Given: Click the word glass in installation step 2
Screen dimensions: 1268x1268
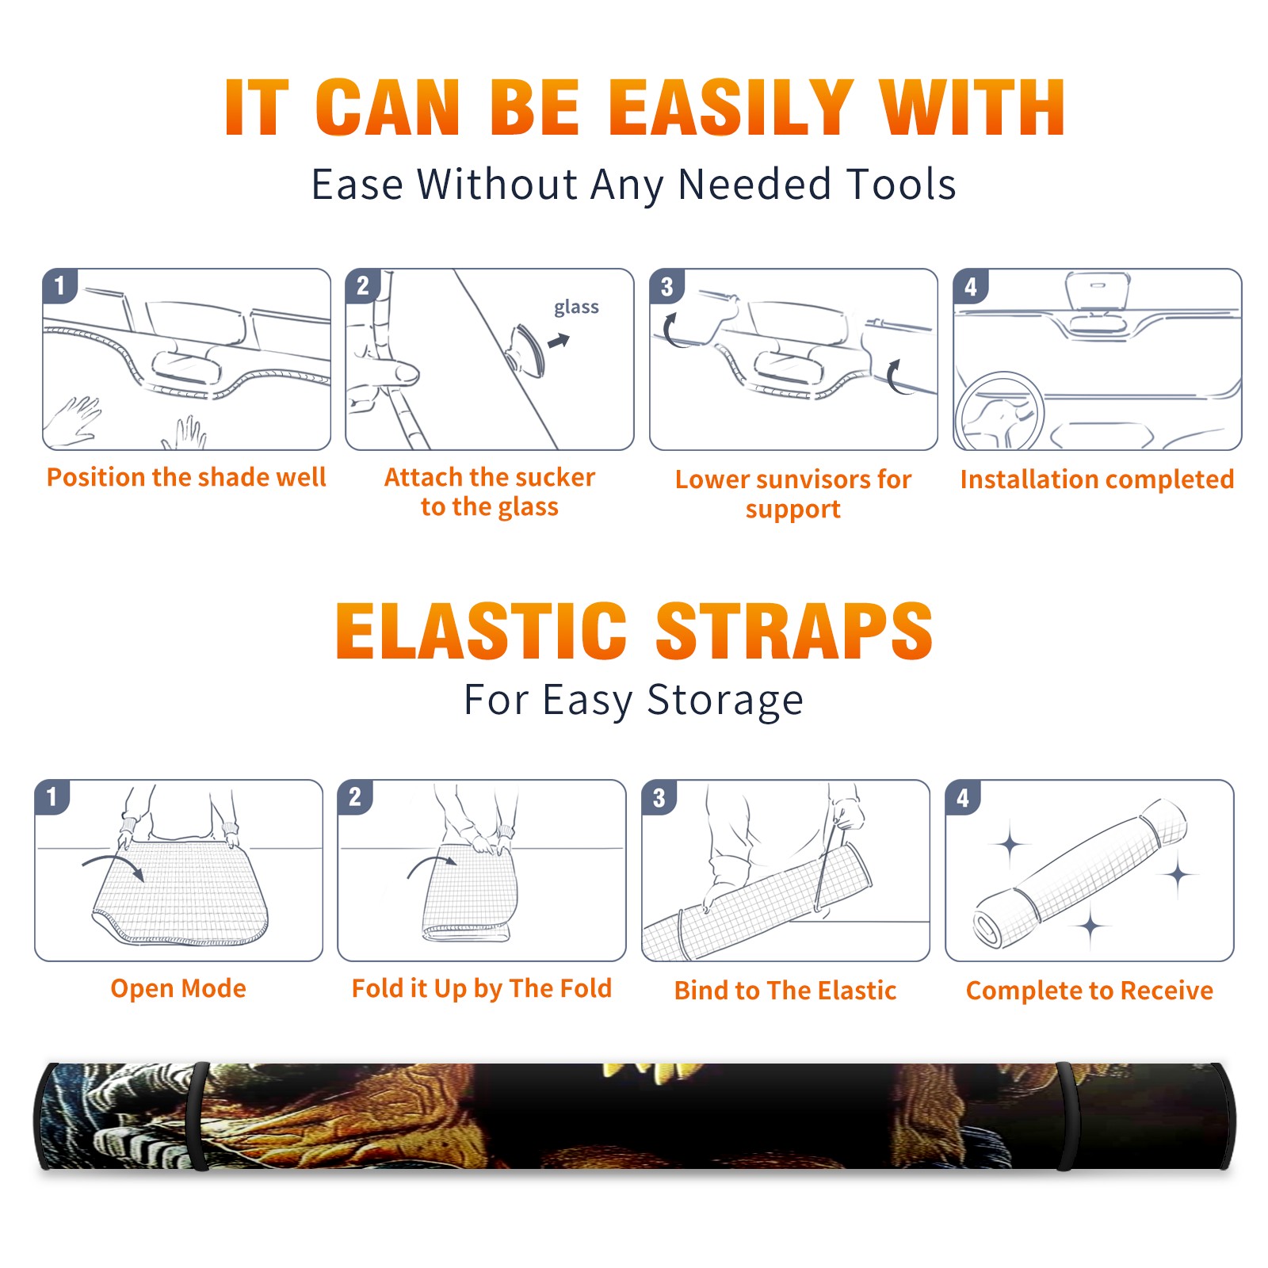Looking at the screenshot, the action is click(576, 307).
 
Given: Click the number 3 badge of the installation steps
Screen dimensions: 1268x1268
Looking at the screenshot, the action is click(666, 287).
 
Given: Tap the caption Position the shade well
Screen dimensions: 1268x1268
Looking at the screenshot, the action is click(186, 477).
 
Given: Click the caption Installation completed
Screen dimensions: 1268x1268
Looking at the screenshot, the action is click(1097, 479).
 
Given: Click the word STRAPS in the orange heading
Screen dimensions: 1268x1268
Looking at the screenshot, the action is click(794, 631).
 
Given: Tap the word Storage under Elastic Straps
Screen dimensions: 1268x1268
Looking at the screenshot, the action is click(725, 701).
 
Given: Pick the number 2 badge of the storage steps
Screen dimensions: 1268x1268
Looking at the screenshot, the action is click(355, 797).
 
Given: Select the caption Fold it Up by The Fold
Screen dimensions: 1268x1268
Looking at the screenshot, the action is click(482, 988).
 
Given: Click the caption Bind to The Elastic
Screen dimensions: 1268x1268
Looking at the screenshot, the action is click(785, 990).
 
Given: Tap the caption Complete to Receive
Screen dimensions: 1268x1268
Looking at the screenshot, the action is click(1090, 991).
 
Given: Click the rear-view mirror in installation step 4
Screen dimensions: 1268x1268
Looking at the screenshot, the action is click(1098, 303).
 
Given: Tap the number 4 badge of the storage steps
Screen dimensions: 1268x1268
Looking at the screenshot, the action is click(963, 797).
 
